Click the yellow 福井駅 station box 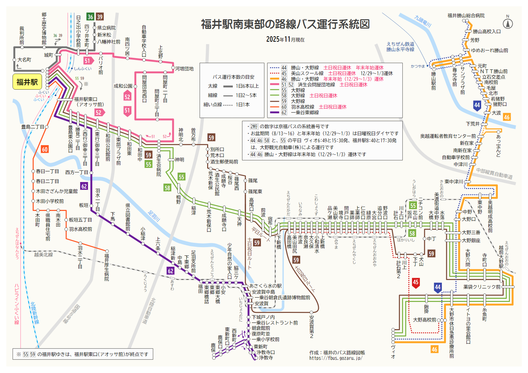coord(27,82)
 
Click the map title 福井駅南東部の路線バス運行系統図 coord(285,24)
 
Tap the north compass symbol coord(507,23)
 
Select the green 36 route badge coord(90,17)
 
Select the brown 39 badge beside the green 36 coord(100,17)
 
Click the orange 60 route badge coord(45,149)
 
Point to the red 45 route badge coord(415,282)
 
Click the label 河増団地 coord(184,69)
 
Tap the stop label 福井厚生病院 coord(107,267)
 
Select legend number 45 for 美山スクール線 coord(284,73)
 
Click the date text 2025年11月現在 coord(285,40)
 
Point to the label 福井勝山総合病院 coord(466,16)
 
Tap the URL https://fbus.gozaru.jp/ coord(335,358)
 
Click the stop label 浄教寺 coord(266,358)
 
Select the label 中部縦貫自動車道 coord(494,173)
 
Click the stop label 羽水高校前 coord(80,229)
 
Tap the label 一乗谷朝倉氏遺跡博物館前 coord(282,298)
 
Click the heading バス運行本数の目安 coord(233,77)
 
